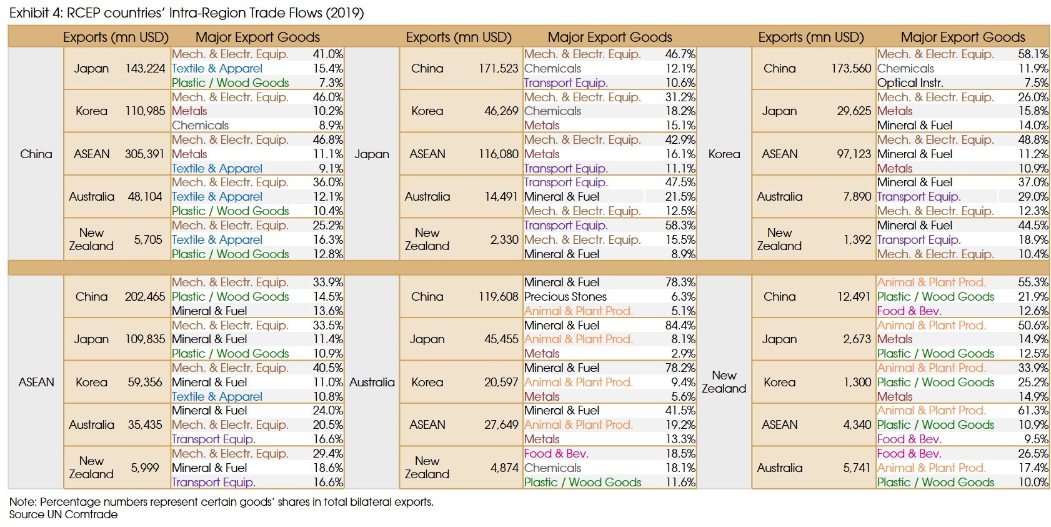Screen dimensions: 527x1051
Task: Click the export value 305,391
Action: coord(145,154)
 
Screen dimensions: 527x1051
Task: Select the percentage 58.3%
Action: coord(680,225)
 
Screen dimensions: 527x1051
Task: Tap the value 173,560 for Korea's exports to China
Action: coord(850,68)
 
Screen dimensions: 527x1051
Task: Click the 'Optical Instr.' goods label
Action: coord(910,83)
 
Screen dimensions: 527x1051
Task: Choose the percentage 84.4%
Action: coord(680,325)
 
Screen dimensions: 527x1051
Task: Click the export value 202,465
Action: coord(145,296)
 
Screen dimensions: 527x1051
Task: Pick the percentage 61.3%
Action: coord(1033,410)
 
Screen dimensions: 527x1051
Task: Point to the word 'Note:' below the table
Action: coord(22,501)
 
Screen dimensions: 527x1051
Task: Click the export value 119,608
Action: coord(498,296)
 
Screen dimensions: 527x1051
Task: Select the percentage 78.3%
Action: coord(680,282)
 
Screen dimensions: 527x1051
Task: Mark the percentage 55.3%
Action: coord(1033,282)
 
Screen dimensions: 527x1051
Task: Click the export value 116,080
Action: coord(498,154)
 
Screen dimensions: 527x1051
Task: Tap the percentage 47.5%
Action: coord(680,182)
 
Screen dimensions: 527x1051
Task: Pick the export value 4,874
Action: coord(504,468)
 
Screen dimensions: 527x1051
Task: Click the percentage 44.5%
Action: coord(1033,225)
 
